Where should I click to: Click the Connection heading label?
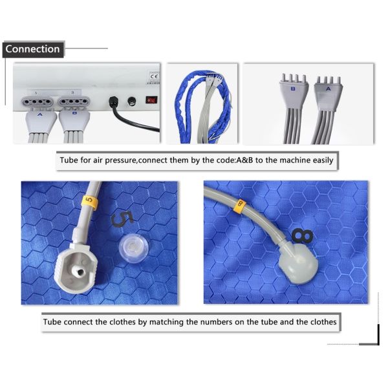tap(32, 49)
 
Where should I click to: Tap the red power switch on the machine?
tap(151, 100)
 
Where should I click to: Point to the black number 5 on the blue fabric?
tap(120, 217)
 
